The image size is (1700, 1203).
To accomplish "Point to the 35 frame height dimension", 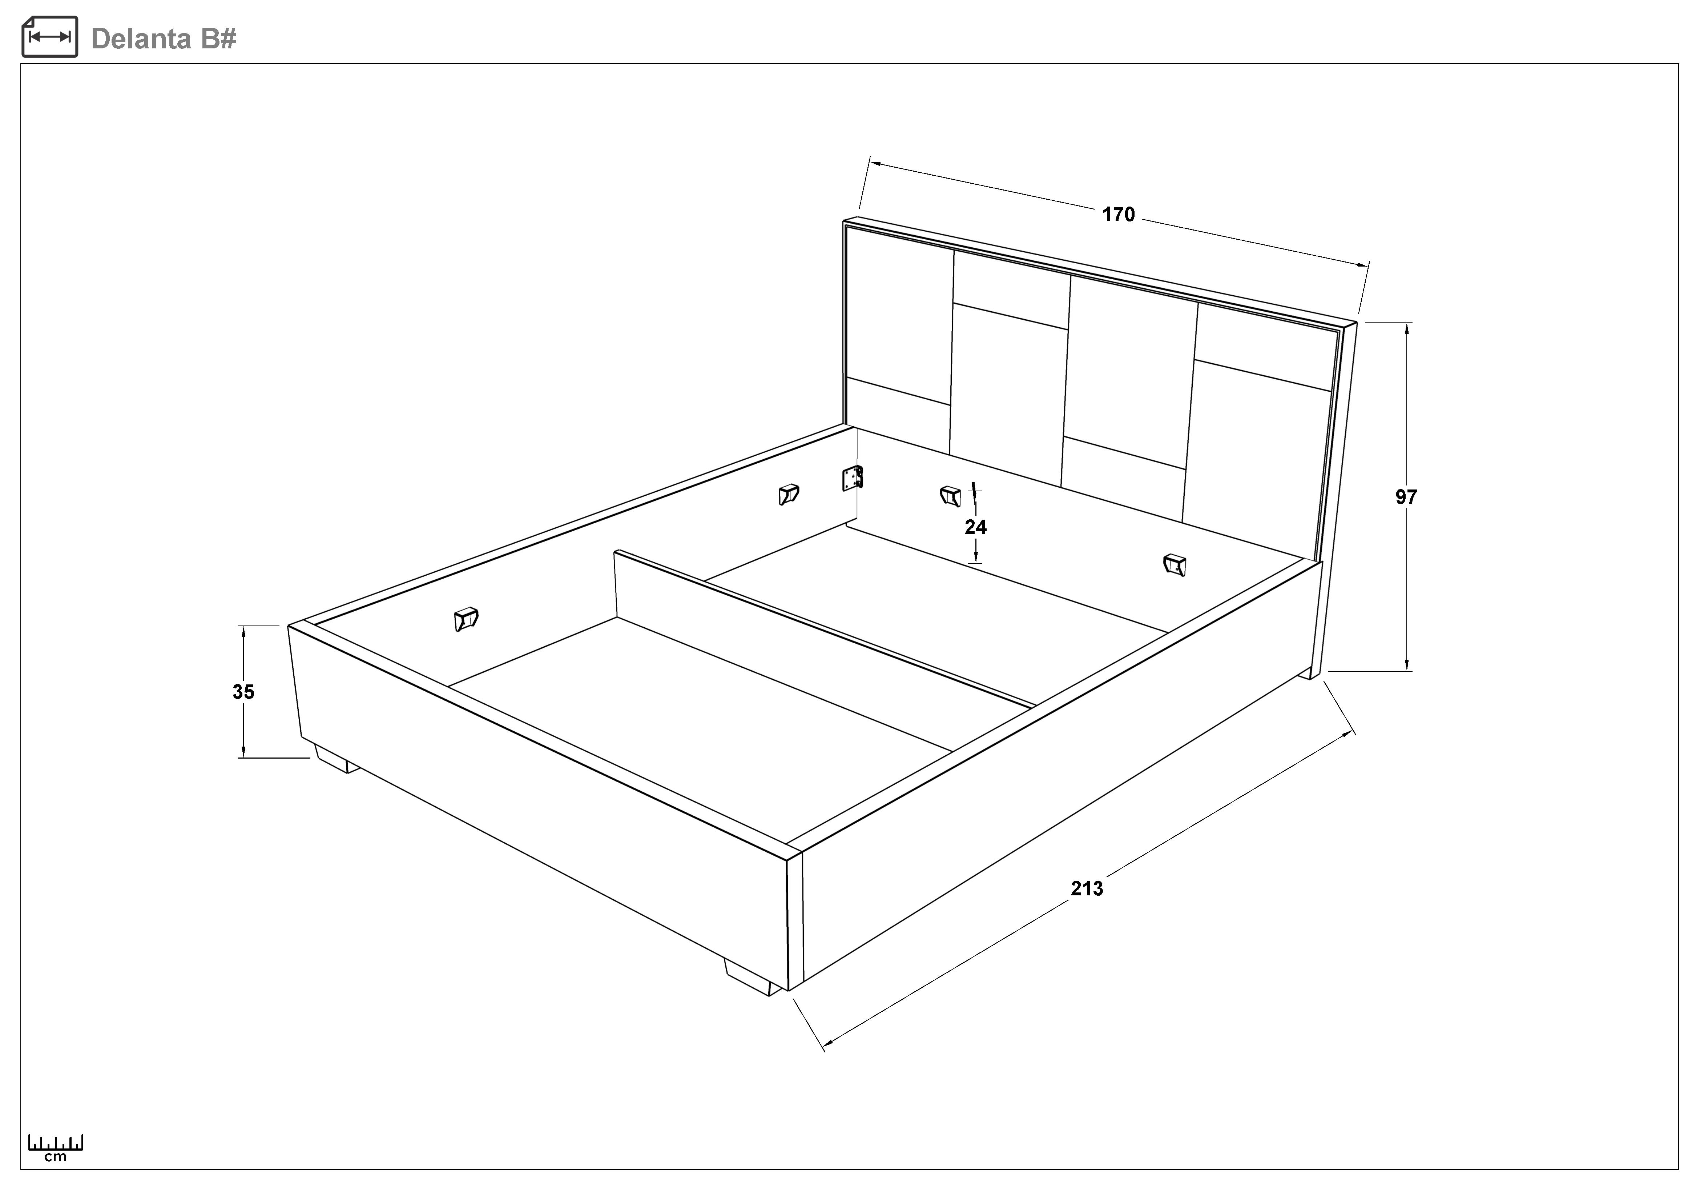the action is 243,692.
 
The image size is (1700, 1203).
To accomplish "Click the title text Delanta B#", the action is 164,39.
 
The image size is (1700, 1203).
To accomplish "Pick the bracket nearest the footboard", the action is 466,619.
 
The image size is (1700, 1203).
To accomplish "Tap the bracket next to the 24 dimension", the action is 950,496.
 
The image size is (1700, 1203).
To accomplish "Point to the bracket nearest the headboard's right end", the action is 1174,564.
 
